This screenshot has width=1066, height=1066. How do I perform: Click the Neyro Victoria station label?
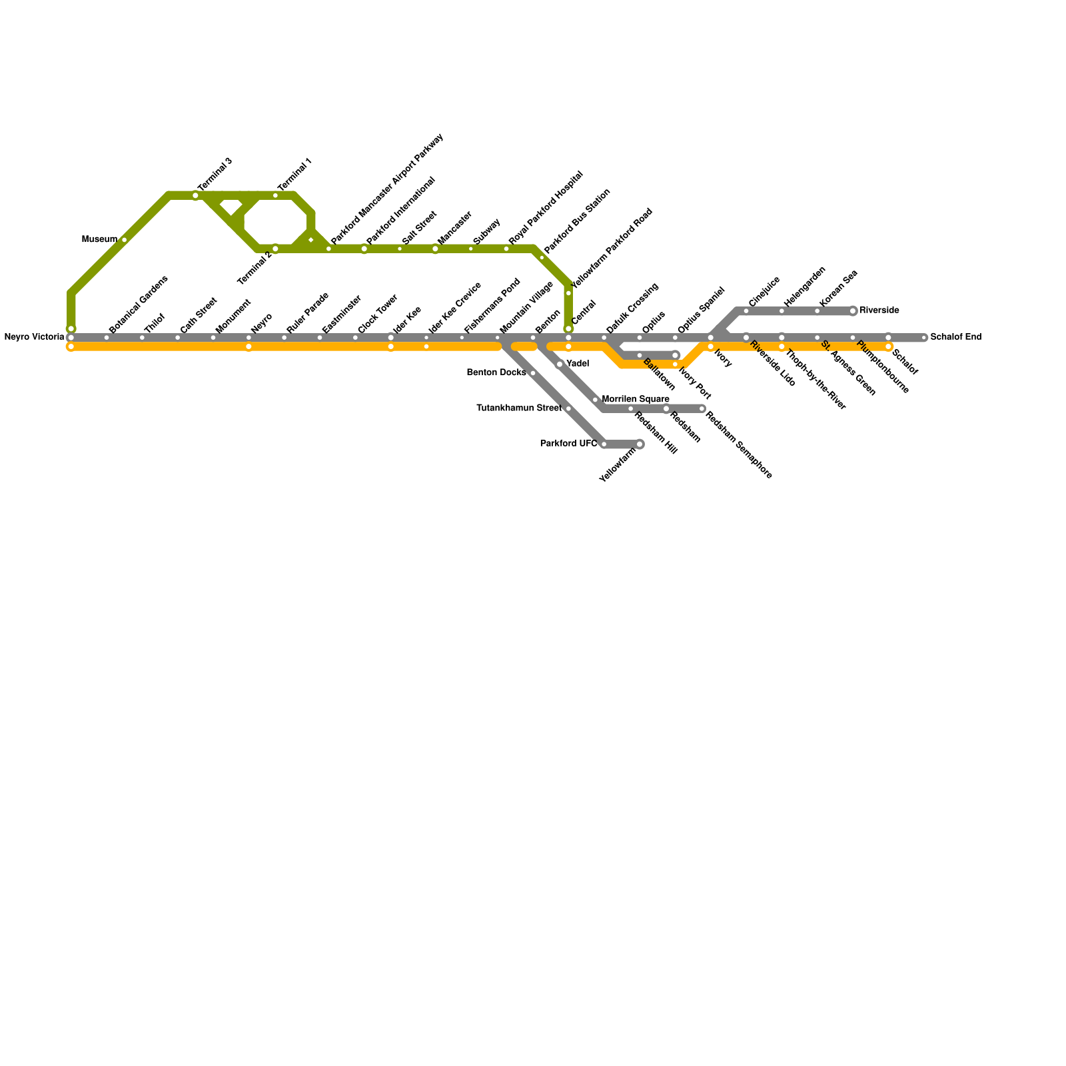coord(34,337)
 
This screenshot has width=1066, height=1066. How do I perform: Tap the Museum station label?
coord(99,240)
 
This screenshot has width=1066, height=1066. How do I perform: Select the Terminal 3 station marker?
coord(195,196)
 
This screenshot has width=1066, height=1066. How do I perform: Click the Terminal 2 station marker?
coord(275,249)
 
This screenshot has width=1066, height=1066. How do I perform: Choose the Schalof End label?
coord(955,337)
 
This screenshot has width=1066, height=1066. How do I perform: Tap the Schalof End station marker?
coord(924,338)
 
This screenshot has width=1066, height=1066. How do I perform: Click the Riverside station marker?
coord(853,311)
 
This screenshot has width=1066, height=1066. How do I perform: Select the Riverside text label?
coord(879,310)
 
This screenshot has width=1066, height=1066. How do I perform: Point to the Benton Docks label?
coord(496,372)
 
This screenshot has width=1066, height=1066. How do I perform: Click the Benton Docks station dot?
coord(533,373)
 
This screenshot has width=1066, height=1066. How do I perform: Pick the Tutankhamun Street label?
coord(519,408)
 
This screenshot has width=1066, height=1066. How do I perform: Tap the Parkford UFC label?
coord(568,444)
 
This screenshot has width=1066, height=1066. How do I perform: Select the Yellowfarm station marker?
coord(640,444)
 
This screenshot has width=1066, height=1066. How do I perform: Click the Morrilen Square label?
coord(635,399)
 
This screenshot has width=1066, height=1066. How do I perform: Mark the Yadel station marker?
coord(560,364)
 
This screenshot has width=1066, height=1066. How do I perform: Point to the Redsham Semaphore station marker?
coord(702,408)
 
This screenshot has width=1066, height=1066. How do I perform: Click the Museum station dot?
coord(124,240)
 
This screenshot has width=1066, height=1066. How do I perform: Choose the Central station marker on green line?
coord(568,328)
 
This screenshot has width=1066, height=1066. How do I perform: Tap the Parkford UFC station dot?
coord(604,444)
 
